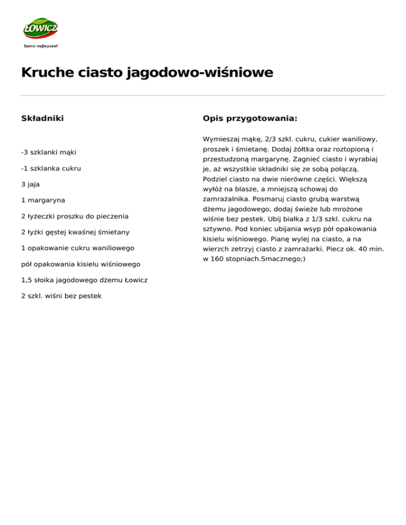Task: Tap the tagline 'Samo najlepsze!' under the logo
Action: (x=41, y=46)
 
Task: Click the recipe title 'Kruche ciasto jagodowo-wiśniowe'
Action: (x=147, y=72)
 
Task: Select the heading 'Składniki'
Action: (x=42, y=118)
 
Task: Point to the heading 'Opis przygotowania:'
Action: (x=250, y=118)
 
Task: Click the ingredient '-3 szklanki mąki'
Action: (x=49, y=153)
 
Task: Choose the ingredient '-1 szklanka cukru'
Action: (x=51, y=168)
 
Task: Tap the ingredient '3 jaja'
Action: (x=31, y=184)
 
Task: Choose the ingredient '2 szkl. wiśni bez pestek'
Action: (x=61, y=296)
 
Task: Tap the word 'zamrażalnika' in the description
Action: (x=225, y=200)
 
